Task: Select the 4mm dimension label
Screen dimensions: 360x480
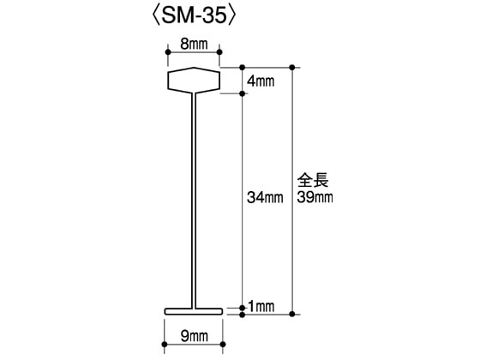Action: click(x=261, y=81)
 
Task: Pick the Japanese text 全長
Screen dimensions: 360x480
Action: click(x=314, y=181)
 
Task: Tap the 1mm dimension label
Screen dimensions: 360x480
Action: click(x=261, y=306)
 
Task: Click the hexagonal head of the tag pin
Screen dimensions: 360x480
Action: click(x=193, y=80)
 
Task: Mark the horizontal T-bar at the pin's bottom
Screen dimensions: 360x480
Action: click(x=194, y=311)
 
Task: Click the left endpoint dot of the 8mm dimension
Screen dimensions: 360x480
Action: click(x=167, y=52)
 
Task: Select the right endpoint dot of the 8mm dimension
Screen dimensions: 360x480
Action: click(x=219, y=52)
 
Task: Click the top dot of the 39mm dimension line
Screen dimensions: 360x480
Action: click(x=295, y=67)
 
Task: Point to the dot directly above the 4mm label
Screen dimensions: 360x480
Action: click(x=243, y=67)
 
